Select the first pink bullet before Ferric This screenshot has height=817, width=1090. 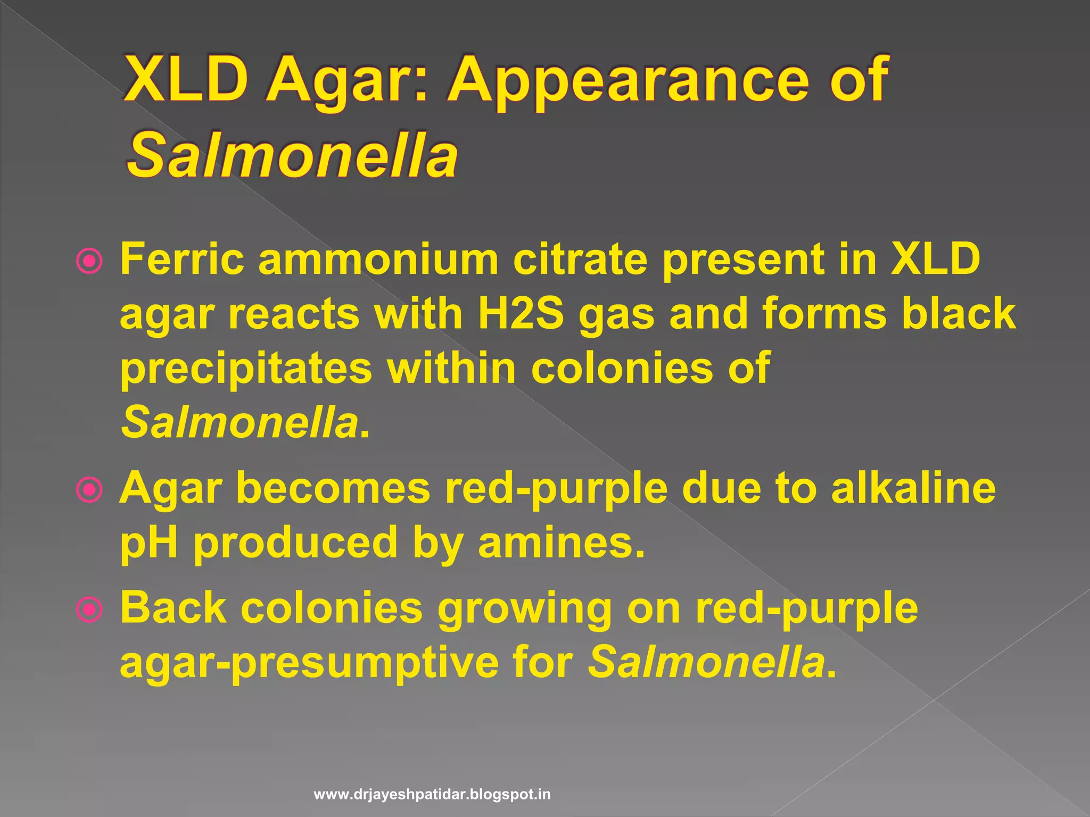[89, 261]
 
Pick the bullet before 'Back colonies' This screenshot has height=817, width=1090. [89, 610]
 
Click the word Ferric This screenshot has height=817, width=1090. [181, 259]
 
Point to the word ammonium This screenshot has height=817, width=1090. [378, 259]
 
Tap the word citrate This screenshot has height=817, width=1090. [580, 259]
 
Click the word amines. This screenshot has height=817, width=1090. [561, 543]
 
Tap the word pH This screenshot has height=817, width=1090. [148, 543]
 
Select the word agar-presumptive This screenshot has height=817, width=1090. [309, 663]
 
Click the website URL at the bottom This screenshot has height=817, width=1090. [432, 795]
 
